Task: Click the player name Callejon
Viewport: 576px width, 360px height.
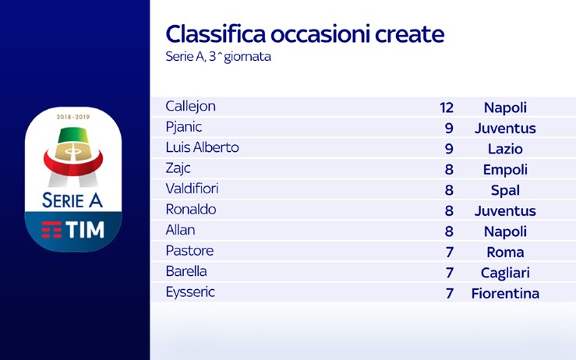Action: (x=190, y=107)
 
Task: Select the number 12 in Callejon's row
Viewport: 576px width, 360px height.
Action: (x=447, y=108)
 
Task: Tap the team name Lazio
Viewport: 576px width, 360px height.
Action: (x=505, y=149)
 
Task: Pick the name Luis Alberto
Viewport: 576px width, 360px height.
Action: (x=202, y=147)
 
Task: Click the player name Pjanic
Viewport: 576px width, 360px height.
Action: (x=184, y=127)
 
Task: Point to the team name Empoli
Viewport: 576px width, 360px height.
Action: (x=505, y=170)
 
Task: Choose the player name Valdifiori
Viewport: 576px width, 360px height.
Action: (x=192, y=189)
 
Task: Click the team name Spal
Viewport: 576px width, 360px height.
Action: (x=505, y=191)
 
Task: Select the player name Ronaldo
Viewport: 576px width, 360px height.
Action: (x=191, y=210)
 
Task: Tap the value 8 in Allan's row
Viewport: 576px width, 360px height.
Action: (x=449, y=231)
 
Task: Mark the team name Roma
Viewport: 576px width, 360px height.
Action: (x=505, y=252)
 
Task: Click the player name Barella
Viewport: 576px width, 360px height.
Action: (x=186, y=271)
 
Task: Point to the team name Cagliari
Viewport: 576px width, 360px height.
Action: (x=505, y=274)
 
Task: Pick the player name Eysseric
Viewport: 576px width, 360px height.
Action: (x=190, y=292)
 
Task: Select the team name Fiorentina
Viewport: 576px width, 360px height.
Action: (x=505, y=294)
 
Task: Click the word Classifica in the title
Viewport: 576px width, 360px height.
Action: (x=216, y=34)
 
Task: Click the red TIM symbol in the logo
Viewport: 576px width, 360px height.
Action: (x=51, y=230)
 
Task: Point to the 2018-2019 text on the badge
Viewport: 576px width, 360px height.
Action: (x=73, y=117)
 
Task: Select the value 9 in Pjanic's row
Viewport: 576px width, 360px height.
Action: (x=449, y=129)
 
